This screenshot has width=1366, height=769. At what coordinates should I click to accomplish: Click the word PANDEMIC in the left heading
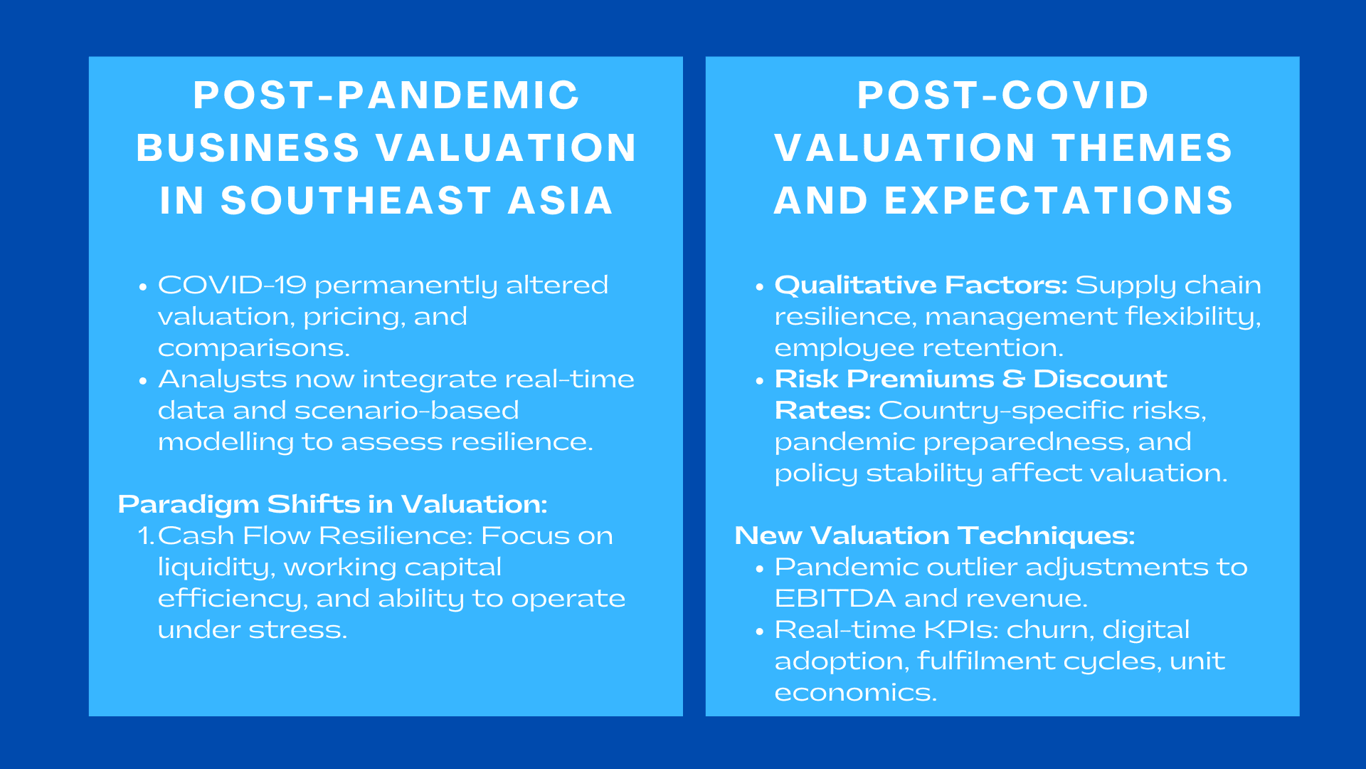458,95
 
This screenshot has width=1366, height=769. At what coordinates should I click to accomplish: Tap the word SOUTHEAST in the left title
356,201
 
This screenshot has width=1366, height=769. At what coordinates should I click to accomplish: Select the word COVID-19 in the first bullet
232,285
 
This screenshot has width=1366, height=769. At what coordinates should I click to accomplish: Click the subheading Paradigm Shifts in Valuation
332,504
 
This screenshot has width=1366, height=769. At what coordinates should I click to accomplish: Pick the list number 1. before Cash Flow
146,536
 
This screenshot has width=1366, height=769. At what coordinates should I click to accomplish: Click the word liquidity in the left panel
216,567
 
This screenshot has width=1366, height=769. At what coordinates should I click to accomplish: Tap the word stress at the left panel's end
312,630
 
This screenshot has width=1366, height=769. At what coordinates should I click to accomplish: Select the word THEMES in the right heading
1142,148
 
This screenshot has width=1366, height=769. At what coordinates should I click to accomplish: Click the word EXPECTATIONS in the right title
1059,201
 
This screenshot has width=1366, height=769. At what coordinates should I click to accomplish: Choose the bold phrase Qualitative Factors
921,285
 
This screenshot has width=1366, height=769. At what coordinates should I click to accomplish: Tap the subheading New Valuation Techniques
934,535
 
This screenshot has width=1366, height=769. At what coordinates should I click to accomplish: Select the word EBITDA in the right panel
835,598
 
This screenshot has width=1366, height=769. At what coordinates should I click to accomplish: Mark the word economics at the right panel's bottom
854,693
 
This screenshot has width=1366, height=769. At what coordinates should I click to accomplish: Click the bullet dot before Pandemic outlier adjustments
759,569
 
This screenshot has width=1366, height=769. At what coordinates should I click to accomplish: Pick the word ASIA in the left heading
560,201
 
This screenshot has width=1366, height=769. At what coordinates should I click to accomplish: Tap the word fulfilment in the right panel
986,661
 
